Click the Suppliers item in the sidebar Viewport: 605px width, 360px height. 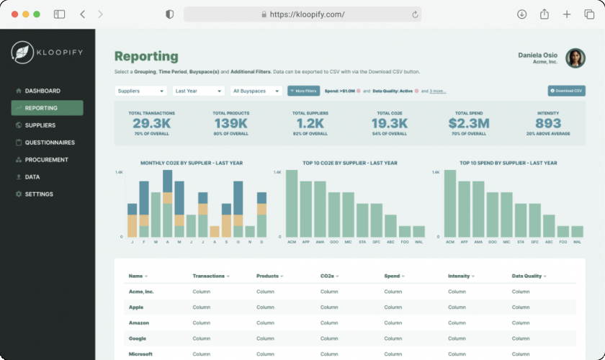(x=40, y=125)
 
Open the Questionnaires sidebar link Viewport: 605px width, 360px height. (x=49, y=143)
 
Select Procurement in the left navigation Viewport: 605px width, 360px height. (x=46, y=160)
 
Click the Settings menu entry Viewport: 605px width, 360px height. (x=38, y=194)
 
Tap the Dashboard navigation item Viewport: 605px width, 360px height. (x=42, y=91)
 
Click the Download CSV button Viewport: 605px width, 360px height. (x=566, y=91)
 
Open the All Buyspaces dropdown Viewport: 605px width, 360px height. (x=256, y=91)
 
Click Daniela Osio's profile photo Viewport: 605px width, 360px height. (x=575, y=58)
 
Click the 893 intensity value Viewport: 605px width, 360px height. (x=548, y=124)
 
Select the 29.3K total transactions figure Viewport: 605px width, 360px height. (x=151, y=124)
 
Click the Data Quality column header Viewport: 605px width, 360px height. (x=527, y=276)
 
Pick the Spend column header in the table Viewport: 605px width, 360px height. (x=393, y=276)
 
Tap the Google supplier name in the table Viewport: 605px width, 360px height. (x=138, y=338)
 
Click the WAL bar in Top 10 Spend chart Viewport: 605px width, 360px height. (x=578, y=231)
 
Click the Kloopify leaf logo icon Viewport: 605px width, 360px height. (x=22, y=52)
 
